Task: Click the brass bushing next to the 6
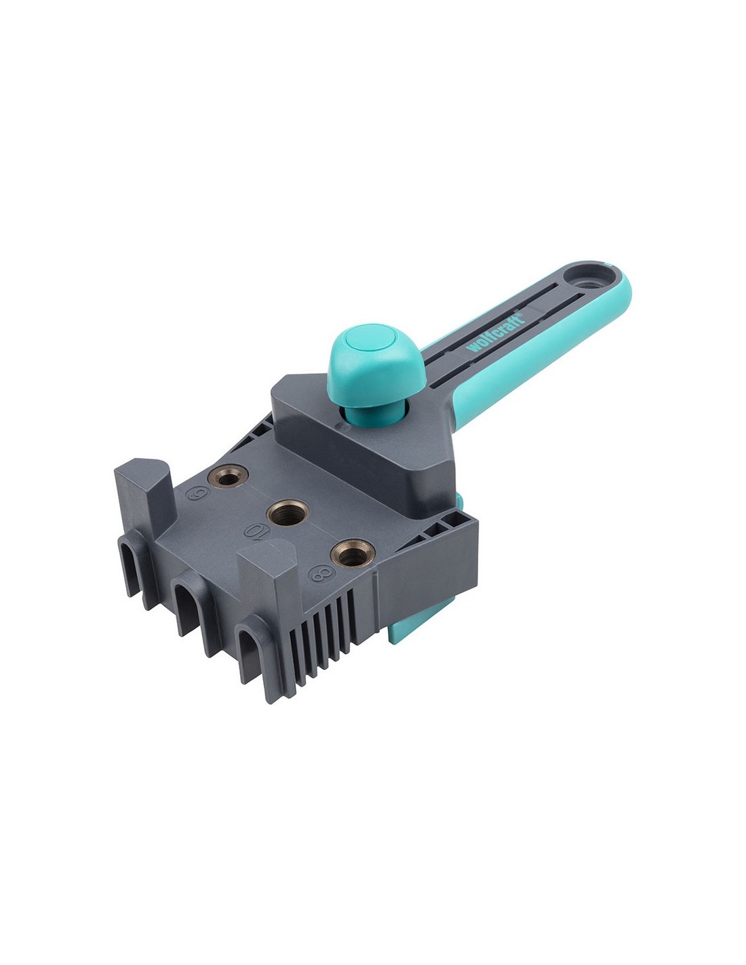pos(228,476)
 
